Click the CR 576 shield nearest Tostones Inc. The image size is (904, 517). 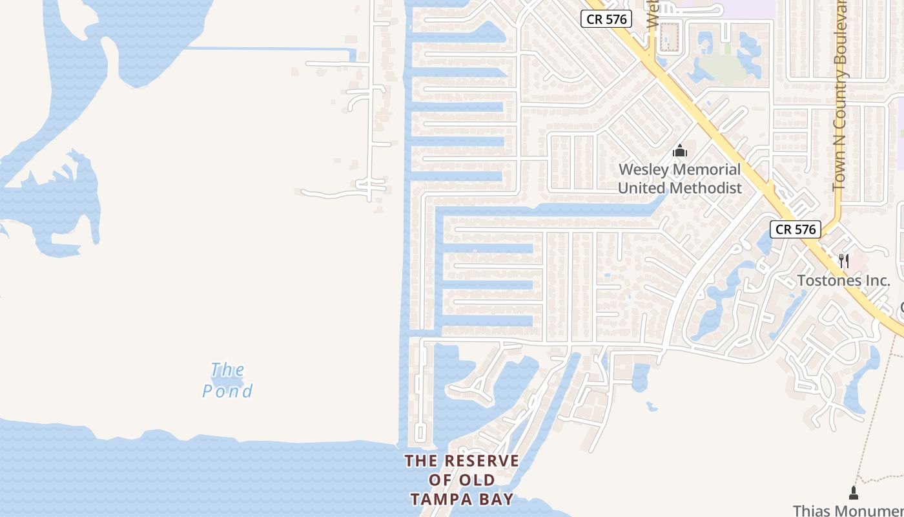point(795,229)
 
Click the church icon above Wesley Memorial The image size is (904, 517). point(679,151)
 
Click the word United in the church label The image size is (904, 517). point(641,188)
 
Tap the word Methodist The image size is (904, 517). point(706,188)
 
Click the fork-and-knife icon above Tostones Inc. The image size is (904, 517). point(843,261)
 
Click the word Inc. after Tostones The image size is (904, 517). point(878,280)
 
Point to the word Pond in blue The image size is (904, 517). point(227,391)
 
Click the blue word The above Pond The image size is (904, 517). point(228,370)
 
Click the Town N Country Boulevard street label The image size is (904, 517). point(839,97)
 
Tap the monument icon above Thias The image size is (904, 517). point(854,493)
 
